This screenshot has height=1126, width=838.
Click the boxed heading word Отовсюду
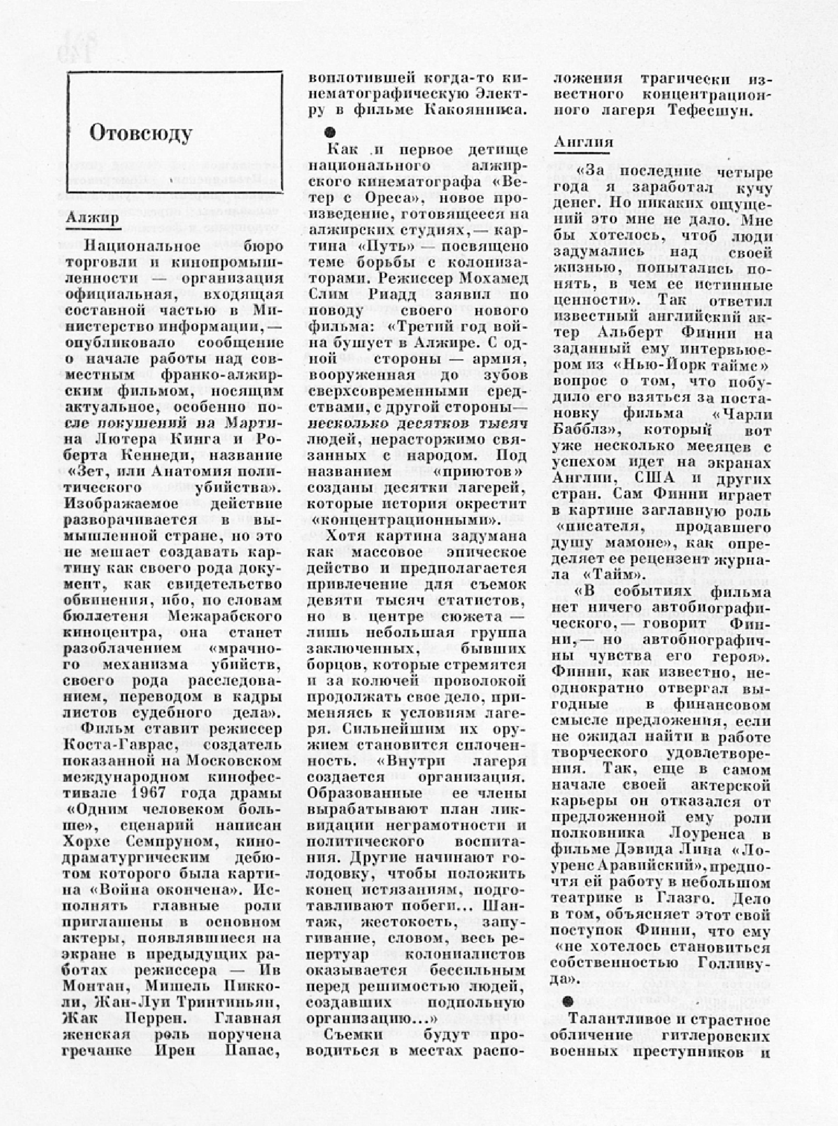coord(141,133)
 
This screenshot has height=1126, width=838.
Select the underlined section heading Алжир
coord(93,218)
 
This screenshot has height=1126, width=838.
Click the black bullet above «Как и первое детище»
coord(330,133)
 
